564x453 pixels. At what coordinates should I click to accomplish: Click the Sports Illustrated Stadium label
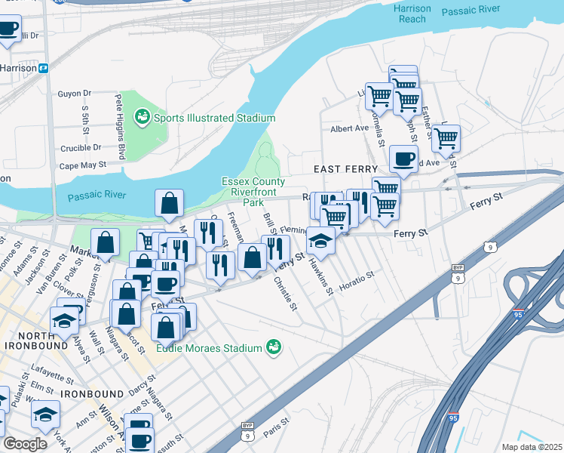tap(213, 118)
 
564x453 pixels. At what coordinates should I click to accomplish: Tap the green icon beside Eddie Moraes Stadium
tap(274, 347)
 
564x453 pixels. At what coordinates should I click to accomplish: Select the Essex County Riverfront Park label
tap(253, 192)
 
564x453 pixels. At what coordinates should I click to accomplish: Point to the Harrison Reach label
tap(412, 14)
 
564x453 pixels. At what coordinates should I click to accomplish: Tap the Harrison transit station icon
tap(44, 68)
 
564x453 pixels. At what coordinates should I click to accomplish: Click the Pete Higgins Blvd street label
tap(119, 126)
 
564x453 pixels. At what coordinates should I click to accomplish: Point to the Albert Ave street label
tap(349, 129)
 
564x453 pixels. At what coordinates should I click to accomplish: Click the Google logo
tap(25, 444)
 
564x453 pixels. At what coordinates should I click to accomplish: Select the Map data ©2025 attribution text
tap(532, 447)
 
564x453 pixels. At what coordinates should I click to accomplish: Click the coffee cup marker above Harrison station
tap(8, 30)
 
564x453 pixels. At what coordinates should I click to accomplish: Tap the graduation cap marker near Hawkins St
tap(320, 241)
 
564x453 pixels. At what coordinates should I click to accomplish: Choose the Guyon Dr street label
tap(75, 94)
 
